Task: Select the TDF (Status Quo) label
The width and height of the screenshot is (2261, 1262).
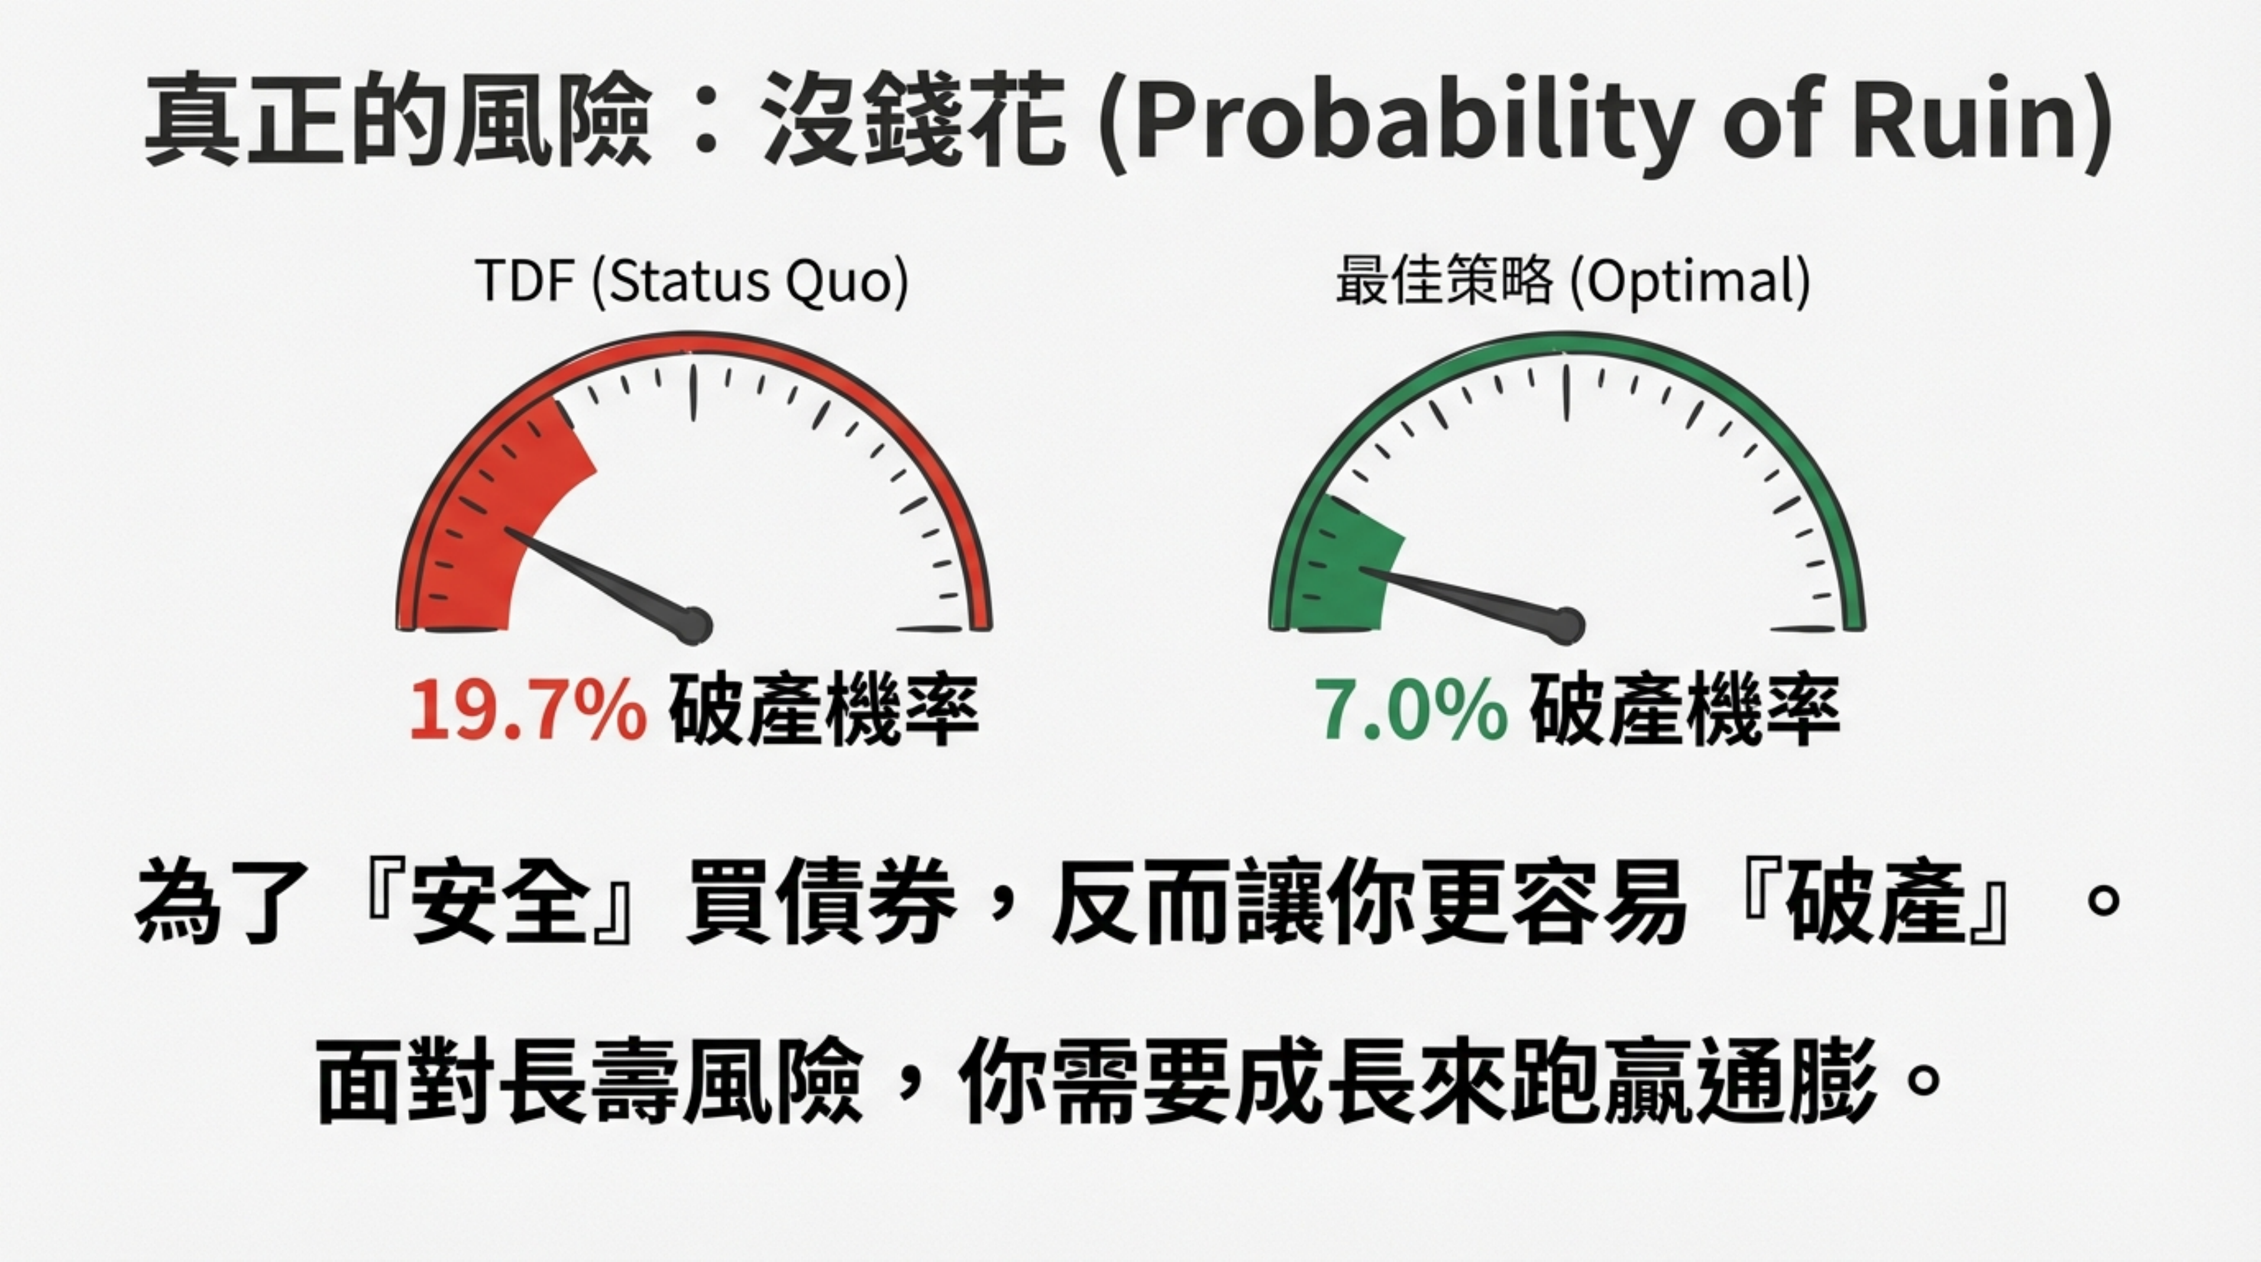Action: coord(691,283)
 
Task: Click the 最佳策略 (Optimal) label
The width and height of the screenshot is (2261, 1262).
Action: coord(1573,283)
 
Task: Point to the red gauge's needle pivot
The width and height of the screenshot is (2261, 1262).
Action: coord(693,626)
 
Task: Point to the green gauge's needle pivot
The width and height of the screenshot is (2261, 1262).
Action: coord(1566,626)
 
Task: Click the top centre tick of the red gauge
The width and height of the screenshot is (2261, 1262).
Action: coord(693,391)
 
